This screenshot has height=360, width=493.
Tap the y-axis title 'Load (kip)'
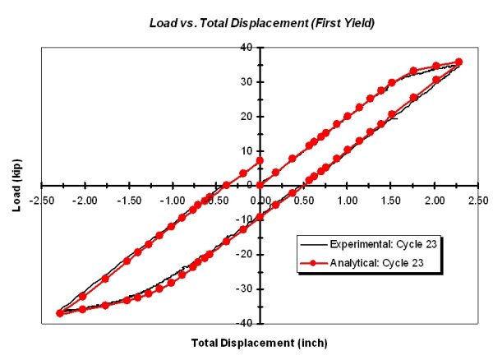click(16, 185)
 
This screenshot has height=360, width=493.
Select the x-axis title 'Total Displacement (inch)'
click(260, 341)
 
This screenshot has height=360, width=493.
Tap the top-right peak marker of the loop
click(458, 62)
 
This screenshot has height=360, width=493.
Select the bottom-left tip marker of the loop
click(60, 313)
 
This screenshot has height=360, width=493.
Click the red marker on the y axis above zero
click(260, 161)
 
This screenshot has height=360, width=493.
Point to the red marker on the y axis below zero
click(260, 217)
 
